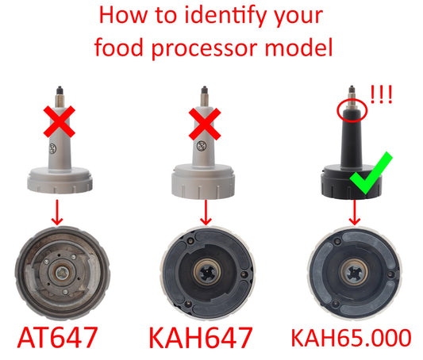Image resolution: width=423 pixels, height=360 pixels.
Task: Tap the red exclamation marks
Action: click(382, 97)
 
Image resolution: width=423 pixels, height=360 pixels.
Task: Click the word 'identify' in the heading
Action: click(236, 17)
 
